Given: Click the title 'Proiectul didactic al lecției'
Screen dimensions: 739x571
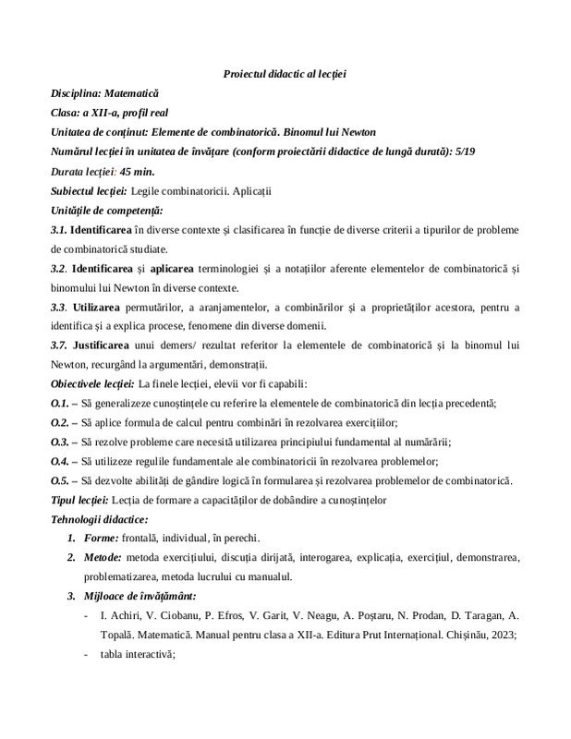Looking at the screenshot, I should [x=285, y=74].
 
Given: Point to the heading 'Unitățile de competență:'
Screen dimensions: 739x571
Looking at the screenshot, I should [x=107, y=210].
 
